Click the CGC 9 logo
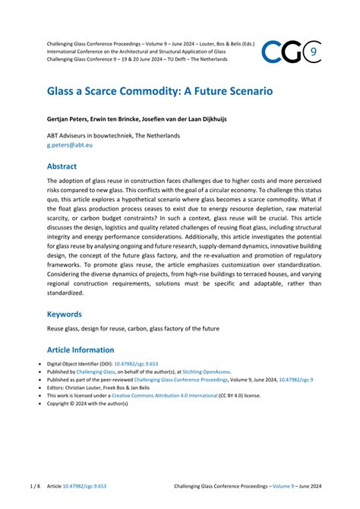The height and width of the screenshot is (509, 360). coord(291,52)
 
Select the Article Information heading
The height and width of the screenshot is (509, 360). coord(81,350)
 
